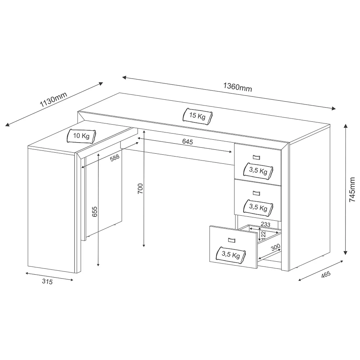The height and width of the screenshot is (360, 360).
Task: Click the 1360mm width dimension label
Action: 237,87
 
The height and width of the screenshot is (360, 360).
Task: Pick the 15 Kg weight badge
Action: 197,116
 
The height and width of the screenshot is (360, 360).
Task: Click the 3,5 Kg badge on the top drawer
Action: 258,171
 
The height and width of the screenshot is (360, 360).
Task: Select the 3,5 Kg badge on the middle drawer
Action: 258,208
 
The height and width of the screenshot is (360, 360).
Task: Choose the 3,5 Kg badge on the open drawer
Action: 231,255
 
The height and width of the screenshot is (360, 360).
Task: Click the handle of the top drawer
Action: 256,157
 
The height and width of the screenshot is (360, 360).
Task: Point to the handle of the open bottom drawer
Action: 231,240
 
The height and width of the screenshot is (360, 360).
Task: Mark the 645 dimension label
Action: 188,142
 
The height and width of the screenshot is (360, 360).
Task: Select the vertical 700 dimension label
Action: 140,189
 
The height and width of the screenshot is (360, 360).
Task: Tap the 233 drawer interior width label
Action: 266,224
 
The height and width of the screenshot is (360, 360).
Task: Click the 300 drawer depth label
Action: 275,247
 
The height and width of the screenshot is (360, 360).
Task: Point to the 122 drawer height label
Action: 263,235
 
